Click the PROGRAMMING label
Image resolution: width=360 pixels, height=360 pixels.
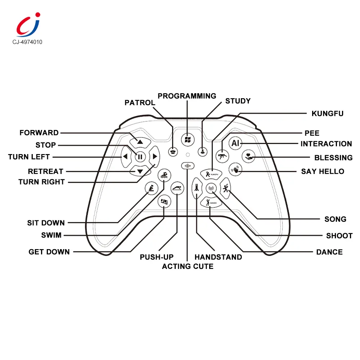(x=187, y=96)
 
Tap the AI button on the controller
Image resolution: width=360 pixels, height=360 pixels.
(x=235, y=143)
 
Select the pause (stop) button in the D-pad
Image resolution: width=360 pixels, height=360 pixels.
(x=140, y=157)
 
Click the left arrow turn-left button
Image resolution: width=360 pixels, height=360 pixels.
(x=125, y=157)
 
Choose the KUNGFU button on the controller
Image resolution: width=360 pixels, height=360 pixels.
(x=210, y=174)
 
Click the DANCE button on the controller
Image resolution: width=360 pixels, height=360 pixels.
(x=210, y=203)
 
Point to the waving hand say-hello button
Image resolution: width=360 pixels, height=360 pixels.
(x=236, y=169)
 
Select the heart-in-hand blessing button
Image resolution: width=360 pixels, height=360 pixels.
(x=249, y=156)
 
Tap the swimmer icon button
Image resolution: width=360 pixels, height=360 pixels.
(x=165, y=175)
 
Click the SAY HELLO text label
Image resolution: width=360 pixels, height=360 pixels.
(x=323, y=171)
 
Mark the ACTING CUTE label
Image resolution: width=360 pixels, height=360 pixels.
(x=188, y=266)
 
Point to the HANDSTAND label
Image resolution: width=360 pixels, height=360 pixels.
(x=218, y=257)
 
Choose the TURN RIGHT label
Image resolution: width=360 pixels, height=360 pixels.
(x=41, y=182)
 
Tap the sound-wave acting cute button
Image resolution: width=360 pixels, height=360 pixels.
(x=187, y=166)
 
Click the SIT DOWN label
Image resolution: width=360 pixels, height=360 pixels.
(x=46, y=223)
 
